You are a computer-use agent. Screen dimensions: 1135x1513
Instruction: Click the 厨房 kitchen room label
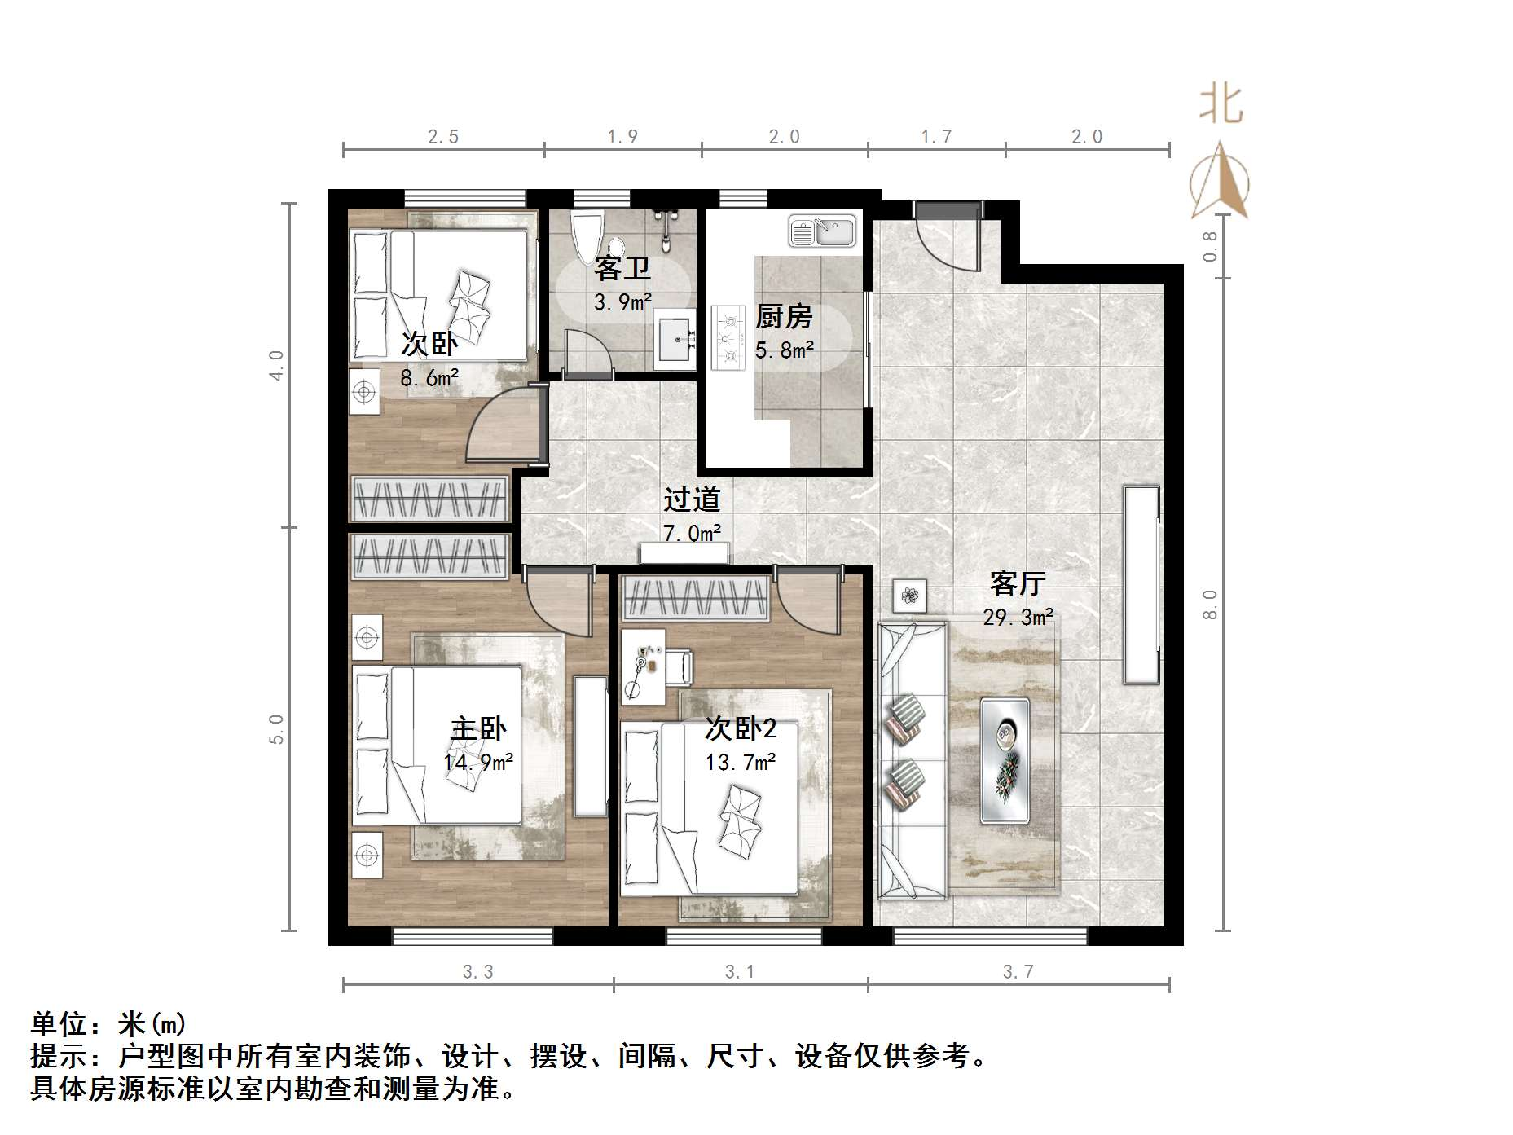pos(784,316)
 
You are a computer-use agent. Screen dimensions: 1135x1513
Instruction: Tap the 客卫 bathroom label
pos(622,268)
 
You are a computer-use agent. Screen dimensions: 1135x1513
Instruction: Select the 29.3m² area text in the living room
pos(1018,618)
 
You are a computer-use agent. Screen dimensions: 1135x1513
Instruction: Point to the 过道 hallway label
pos(692,499)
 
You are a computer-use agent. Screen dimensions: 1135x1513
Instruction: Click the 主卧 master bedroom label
pos(478,728)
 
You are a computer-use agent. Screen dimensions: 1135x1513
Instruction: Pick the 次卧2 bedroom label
pos(740,728)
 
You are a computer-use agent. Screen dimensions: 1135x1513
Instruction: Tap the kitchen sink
pos(821,231)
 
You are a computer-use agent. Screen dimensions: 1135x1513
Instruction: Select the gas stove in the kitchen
pos(728,337)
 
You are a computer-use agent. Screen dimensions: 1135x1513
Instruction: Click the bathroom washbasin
pos(675,339)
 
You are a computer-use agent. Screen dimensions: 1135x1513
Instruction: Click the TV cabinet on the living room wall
pos(1141,584)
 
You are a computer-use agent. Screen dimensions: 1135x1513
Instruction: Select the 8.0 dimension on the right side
pos(1210,604)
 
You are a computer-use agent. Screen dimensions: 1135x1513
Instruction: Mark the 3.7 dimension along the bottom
pos(1018,971)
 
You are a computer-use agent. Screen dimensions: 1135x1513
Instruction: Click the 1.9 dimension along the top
pos(622,137)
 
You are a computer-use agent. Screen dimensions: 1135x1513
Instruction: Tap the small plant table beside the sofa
pos(909,596)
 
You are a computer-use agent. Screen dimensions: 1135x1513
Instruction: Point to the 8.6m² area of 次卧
pos(429,378)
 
